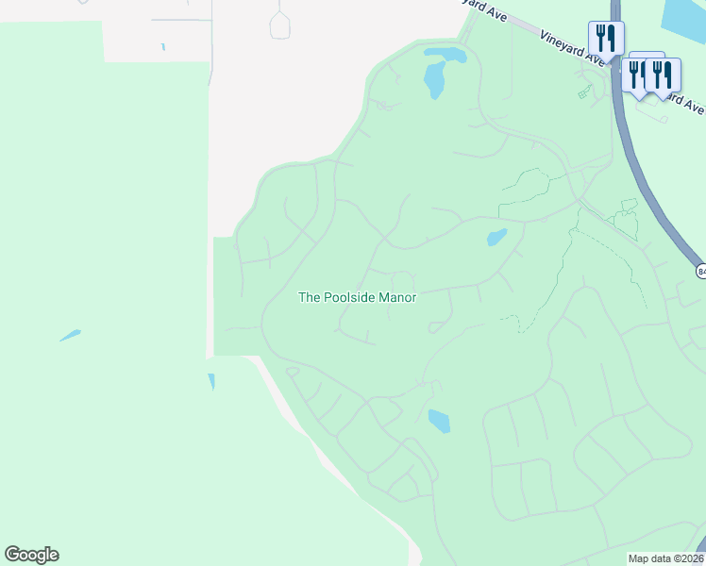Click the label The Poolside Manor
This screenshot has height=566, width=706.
(x=357, y=297)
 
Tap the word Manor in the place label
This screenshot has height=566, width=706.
(x=397, y=297)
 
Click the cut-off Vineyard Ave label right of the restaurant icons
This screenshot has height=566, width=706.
(x=684, y=97)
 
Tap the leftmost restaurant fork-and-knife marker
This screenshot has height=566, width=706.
(x=605, y=39)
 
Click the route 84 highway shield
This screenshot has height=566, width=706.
(x=701, y=272)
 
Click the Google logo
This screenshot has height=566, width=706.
(x=31, y=555)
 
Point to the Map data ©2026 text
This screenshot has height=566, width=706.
(x=664, y=558)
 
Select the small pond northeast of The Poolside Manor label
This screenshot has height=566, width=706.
(x=496, y=237)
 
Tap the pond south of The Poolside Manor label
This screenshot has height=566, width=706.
(x=439, y=421)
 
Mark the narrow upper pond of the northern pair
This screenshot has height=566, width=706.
(x=445, y=55)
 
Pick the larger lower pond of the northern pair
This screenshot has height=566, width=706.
(x=435, y=80)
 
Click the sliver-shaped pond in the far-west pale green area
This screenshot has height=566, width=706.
(x=70, y=335)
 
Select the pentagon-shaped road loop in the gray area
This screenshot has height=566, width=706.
(x=281, y=25)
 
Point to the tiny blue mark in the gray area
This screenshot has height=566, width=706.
(x=163, y=46)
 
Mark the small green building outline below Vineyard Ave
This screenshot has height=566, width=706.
(x=585, y=92)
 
